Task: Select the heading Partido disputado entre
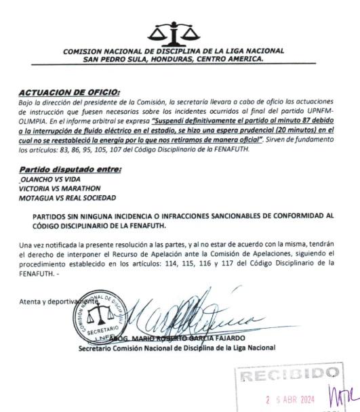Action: (70, 169)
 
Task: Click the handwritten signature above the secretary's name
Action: (197, 315)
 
